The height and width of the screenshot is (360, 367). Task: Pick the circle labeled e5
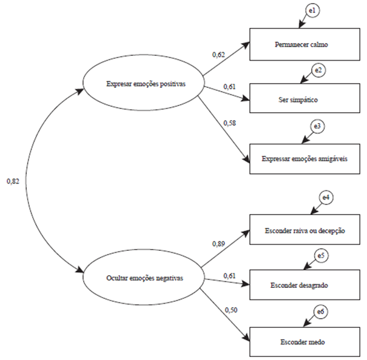(322, 255)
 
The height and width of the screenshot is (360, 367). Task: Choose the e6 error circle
(322, 313)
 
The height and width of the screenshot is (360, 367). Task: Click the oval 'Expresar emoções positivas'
(142, 85)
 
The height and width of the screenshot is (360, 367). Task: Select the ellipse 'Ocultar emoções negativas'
(142, 278)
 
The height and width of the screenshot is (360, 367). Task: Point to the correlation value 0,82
(13, 181)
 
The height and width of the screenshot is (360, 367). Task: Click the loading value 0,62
(218, 55)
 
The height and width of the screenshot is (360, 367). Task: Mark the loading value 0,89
(218, 242)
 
